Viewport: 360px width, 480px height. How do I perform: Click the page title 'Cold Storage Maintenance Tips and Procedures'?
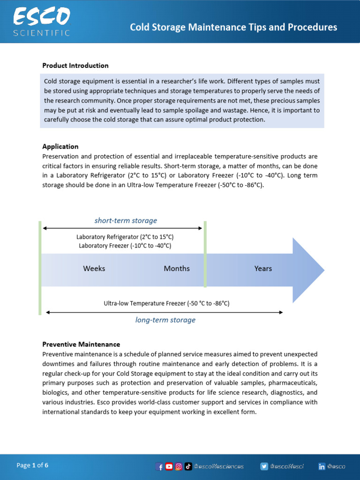pos(233,27)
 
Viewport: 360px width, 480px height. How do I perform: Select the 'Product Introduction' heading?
pos(75,66)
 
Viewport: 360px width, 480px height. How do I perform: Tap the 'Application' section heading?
pos(60,147)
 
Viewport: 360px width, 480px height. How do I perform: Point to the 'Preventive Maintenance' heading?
pos(81,344)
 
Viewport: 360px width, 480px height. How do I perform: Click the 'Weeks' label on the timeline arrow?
pos(94,269)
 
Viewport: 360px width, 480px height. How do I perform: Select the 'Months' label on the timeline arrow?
pos(177,269)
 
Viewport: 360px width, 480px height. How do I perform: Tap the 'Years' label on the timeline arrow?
pos(263,269)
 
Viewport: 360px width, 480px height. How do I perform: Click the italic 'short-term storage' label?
pos(126,220)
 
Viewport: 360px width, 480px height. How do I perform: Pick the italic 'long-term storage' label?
pos(165,320)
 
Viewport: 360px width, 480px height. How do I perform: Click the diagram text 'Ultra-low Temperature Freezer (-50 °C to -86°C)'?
pos(166,303)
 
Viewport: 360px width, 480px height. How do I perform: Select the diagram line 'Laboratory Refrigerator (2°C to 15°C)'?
pos(125,237)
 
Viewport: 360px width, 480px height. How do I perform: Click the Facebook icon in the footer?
pos(160,466)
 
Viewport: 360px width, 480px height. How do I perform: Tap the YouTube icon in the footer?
pos(169,466)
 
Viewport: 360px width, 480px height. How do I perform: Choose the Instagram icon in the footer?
pos(179,466)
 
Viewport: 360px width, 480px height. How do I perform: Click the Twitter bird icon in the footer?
pos(264,466)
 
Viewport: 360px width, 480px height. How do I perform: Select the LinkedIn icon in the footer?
pos(322,466)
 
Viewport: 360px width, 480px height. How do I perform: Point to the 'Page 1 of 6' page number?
pos(32,465)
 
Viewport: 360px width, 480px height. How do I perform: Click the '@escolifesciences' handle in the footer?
pos(219,466)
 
